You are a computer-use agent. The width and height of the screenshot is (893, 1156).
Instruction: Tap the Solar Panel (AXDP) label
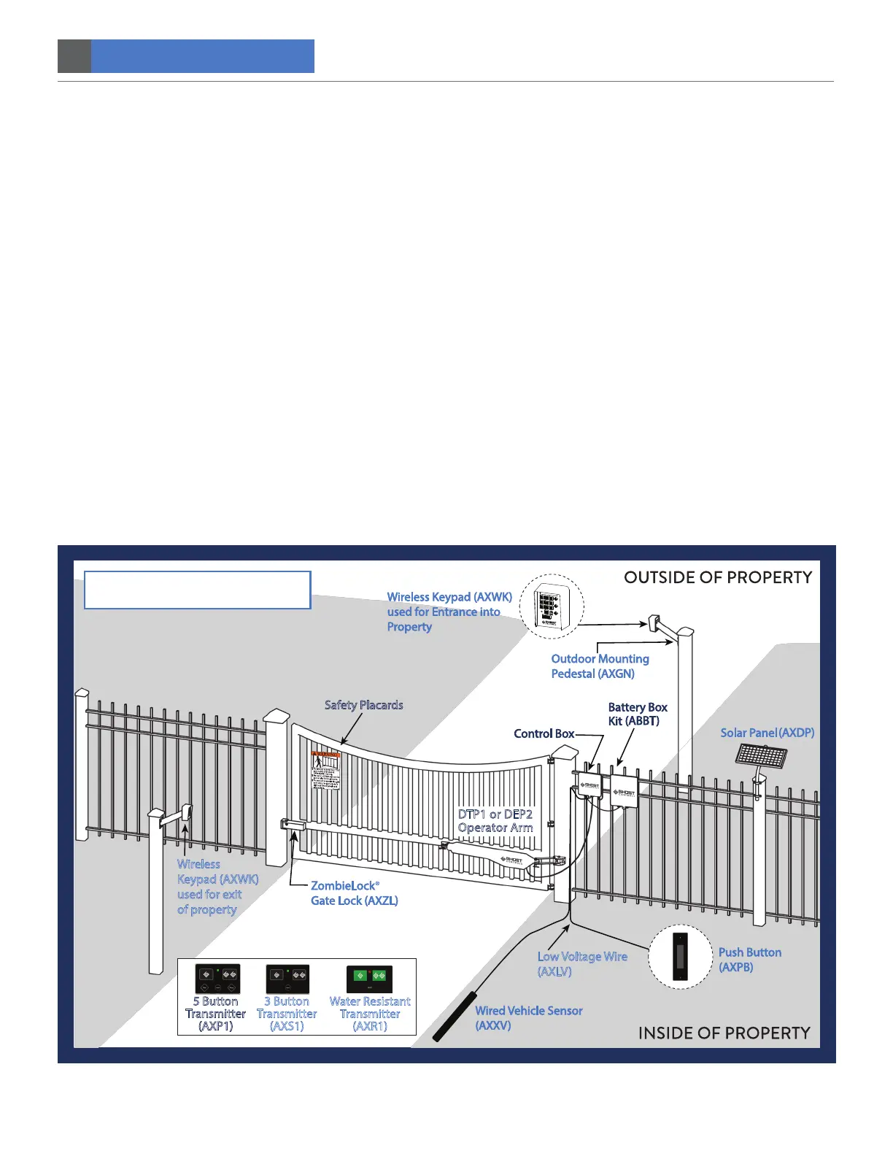point(767,733)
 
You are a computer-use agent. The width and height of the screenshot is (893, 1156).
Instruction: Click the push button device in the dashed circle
point(680,957)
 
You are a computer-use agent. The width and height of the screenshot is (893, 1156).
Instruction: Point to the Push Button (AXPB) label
point(749,960)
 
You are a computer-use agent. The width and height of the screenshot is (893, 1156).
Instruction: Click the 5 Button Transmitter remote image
point(217,979)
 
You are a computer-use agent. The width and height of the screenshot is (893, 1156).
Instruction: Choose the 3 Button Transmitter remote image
point(287,979)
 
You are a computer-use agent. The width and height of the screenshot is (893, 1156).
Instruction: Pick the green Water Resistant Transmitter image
point(369,979)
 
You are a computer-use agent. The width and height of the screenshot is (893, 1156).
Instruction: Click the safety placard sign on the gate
point(326,771)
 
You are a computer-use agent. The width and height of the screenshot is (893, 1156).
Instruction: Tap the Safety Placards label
point(363,705)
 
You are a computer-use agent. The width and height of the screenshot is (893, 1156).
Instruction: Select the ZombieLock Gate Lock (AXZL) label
point(355,893)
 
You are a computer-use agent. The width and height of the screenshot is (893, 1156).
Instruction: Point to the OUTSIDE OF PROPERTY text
point(717,577)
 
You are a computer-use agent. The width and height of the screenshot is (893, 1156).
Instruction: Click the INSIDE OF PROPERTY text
point(724,1033)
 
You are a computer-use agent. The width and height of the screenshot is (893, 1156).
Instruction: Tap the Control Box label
point(544,733)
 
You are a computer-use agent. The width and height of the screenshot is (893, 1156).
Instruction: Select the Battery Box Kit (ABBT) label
point(637,714)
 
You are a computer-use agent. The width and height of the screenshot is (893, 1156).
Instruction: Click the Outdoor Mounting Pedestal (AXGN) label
point(599,666)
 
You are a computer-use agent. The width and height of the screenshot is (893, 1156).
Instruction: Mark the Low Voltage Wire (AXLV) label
point(581,964)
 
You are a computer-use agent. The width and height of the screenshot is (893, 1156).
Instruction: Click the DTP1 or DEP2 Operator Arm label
point(495,821)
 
